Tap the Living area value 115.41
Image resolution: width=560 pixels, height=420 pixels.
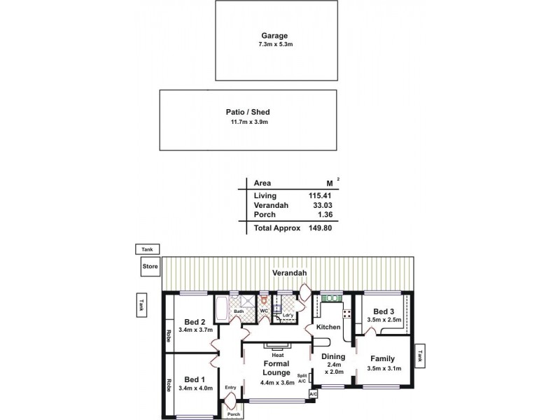click(x=319, y=195)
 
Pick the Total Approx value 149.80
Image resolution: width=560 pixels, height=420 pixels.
click(x=319, y=227)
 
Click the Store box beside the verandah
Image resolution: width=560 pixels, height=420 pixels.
click(x=150, y=266)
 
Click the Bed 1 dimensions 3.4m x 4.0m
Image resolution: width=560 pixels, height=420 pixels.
click(x=195, y=388)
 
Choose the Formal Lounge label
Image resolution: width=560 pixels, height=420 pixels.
click(x=276, y=368)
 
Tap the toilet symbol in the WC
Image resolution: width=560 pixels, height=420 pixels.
click(x=263, y=301)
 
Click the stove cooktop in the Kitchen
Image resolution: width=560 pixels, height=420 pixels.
click(x=346, y=313)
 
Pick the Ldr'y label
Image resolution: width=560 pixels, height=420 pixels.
click(x=287, y=315)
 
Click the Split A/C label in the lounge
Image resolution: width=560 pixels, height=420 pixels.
click(x=302, y=379)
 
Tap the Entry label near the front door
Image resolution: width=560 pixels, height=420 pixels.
click(x=230, y=387)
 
